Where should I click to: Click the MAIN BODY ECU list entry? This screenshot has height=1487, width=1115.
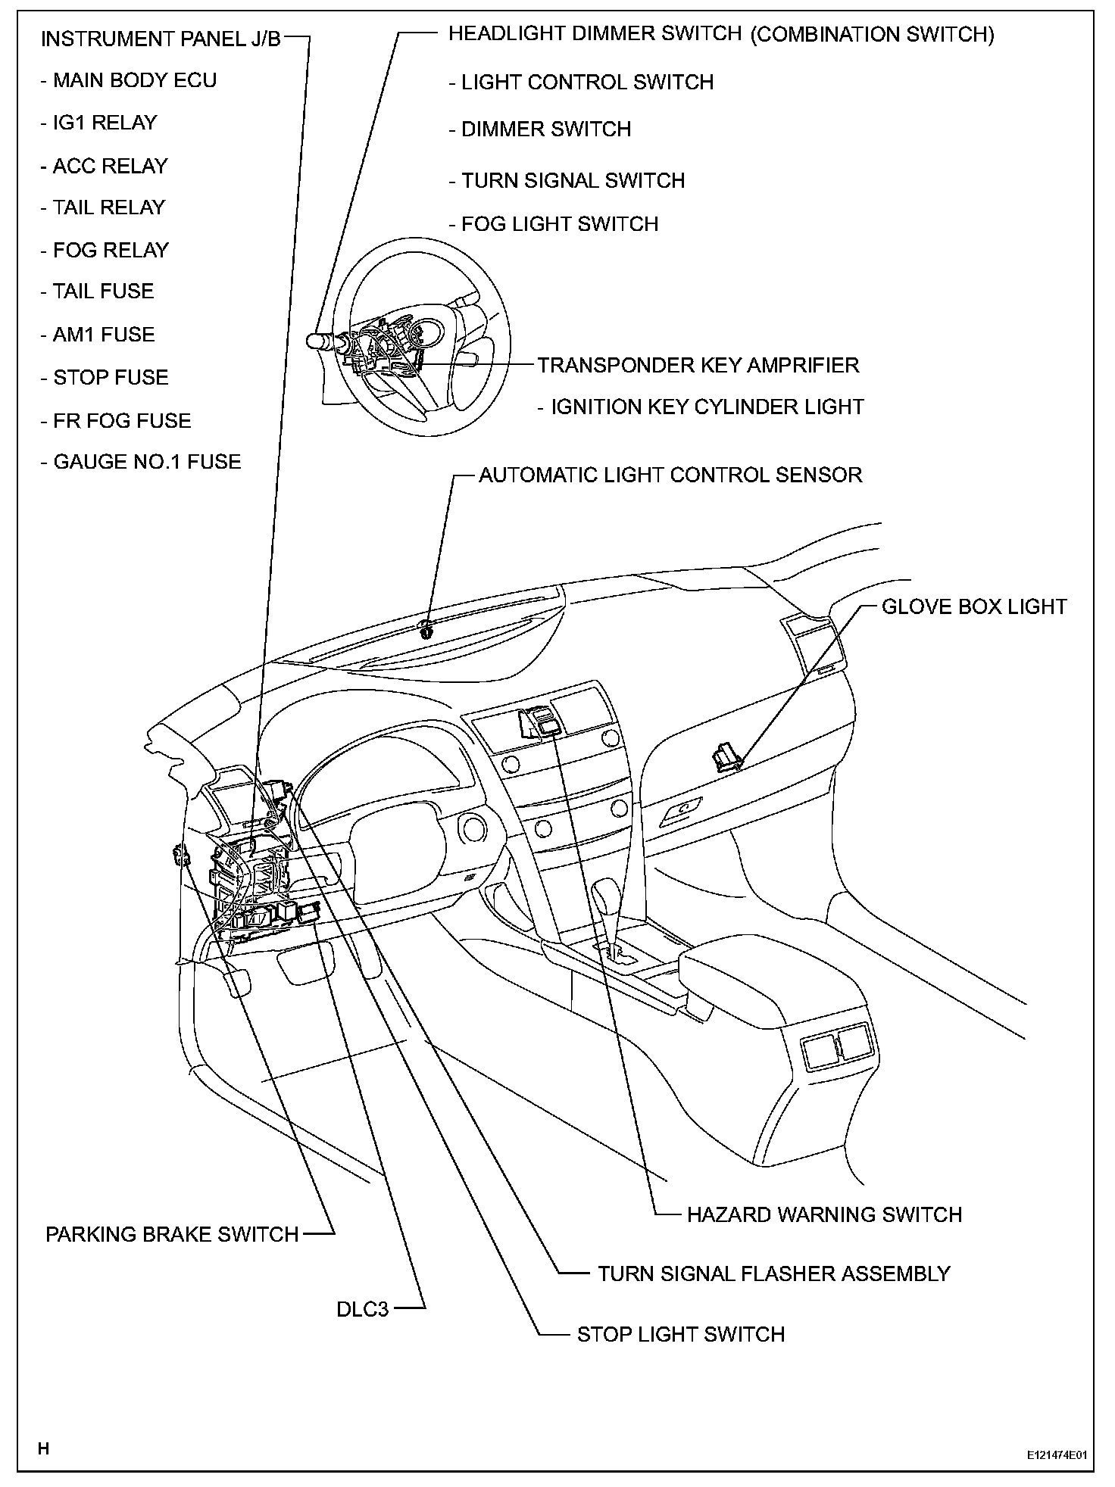134,80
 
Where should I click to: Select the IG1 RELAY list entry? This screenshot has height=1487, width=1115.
105,123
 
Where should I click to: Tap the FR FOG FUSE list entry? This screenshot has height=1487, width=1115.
121,420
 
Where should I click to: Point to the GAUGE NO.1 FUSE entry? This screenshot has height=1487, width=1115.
146,462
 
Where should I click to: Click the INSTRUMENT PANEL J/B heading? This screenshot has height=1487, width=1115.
161,39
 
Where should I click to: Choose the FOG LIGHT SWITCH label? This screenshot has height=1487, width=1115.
560,224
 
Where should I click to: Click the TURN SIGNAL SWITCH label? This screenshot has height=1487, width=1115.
573,181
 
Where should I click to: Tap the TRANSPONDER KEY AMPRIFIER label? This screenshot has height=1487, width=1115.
698,365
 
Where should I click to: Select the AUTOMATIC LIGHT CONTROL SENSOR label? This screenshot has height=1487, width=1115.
670,475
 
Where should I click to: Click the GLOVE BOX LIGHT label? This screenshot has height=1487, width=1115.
974,606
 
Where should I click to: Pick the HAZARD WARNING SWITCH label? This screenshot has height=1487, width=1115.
824,1214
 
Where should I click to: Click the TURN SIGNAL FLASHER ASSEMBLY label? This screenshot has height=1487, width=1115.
773,1273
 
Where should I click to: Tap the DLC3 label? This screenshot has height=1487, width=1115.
362,1308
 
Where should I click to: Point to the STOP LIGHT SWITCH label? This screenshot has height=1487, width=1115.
680,1334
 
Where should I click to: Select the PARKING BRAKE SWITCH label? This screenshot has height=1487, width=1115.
172,1234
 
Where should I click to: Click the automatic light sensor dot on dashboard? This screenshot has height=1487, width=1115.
426,626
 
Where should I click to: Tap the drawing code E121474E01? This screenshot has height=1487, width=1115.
1057,1455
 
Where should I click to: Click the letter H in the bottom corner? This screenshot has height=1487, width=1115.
44,1448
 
